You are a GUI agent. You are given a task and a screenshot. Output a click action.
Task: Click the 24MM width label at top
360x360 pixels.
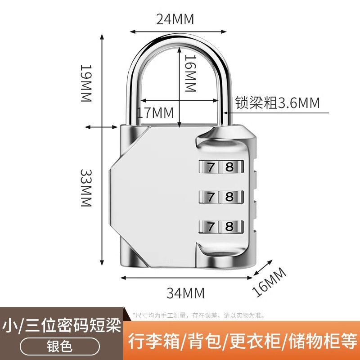click(175, 19)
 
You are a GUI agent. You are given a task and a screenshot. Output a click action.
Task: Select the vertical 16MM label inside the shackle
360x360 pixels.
click(191, 73)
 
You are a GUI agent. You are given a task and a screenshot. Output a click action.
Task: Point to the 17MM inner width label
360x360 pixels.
click(155, 112)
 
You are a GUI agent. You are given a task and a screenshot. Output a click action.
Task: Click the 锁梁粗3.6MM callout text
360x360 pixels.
click(277, 103)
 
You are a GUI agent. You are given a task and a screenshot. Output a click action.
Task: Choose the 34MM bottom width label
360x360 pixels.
click(185, 293)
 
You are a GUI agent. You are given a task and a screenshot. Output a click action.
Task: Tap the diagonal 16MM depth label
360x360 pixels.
click(269, 282)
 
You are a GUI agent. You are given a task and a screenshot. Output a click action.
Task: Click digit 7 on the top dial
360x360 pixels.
click(211, 167)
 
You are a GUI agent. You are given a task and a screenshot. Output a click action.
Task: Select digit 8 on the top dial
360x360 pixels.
click(229, 167)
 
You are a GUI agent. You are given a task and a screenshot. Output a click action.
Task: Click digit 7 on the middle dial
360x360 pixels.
click(211, 197)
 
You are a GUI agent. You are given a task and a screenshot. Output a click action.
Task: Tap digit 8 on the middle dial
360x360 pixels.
click(229, 197)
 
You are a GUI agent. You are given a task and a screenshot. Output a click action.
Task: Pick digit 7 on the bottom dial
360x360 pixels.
click(211, 226)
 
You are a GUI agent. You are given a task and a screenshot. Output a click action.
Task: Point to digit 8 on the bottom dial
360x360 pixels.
click(229, 226)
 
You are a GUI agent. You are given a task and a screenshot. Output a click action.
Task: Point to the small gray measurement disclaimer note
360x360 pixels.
click(198, 315)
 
